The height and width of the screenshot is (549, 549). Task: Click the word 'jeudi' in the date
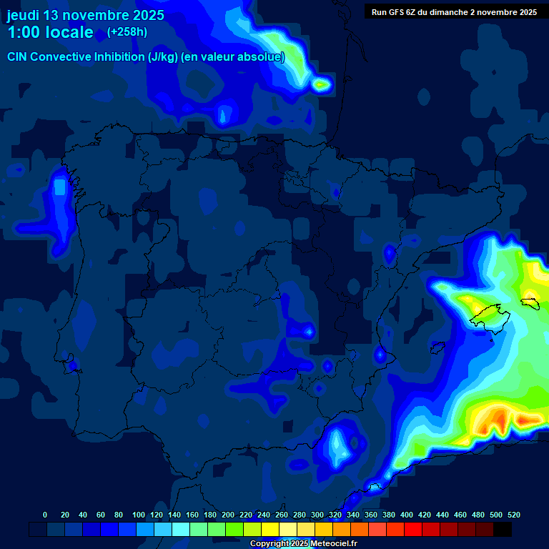click(x=24, y=15)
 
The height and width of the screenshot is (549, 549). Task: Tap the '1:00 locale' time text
click(x=50, y=32)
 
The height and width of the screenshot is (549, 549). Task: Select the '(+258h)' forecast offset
click(x=127, y=32)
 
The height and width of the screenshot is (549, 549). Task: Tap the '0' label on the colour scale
click(x=45, y=515)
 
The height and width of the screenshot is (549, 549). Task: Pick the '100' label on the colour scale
click(x=139, y=515)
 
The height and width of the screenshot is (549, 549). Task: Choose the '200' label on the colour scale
click(x=228, y=515)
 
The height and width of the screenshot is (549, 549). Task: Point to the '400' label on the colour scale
click(x=407, y=515)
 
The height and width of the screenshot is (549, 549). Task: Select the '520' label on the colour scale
click(x=513, y=515)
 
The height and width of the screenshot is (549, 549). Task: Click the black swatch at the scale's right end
click(x=503, y=530)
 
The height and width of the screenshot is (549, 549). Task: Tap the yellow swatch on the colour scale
click(x=270, y=530)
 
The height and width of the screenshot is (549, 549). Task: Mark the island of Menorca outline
click(x=530, y=303)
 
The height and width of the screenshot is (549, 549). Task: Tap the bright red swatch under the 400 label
click(x=413, y=530)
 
